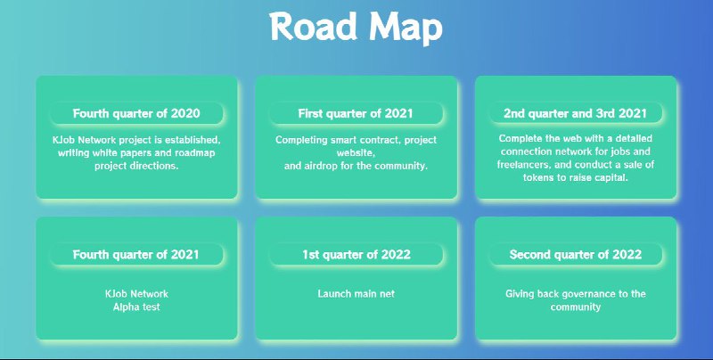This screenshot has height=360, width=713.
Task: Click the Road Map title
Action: [356, 28]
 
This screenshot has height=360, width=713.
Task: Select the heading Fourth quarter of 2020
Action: [136, 113]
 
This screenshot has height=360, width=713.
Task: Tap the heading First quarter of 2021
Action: [356, 113]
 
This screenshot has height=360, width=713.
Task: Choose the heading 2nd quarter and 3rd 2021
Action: [575, 113]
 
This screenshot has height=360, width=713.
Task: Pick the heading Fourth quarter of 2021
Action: [136, 254]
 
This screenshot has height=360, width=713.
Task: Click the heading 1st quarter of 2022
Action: [356, 254]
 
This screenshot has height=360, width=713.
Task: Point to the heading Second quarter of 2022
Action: [576, 254]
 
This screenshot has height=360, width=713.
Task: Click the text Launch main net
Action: [356, 294]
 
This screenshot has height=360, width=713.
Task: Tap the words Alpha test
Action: [136, 307]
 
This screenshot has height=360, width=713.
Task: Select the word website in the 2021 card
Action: [356, 153]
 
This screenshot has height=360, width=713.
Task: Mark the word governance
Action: [588, 294]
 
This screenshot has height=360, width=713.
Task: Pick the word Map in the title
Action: [406, 29]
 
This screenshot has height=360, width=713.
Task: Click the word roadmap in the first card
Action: [194, 153]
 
